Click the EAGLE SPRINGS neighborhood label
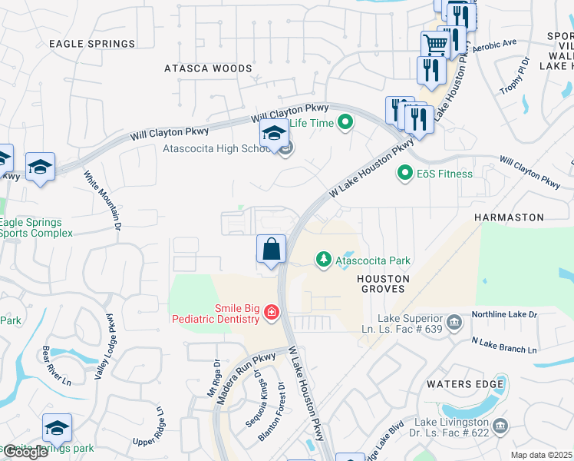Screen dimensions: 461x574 point(92,44)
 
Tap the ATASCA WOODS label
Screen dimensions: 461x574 point(208,68)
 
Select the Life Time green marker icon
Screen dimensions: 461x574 point(346,122)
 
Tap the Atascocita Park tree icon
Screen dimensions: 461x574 point(324,260)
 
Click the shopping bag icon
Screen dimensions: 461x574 point(271,249)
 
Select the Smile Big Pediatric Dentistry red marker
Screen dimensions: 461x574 point(271,312)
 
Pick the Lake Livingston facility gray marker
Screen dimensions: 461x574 point(500,425)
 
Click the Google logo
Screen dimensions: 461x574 point(25,452)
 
